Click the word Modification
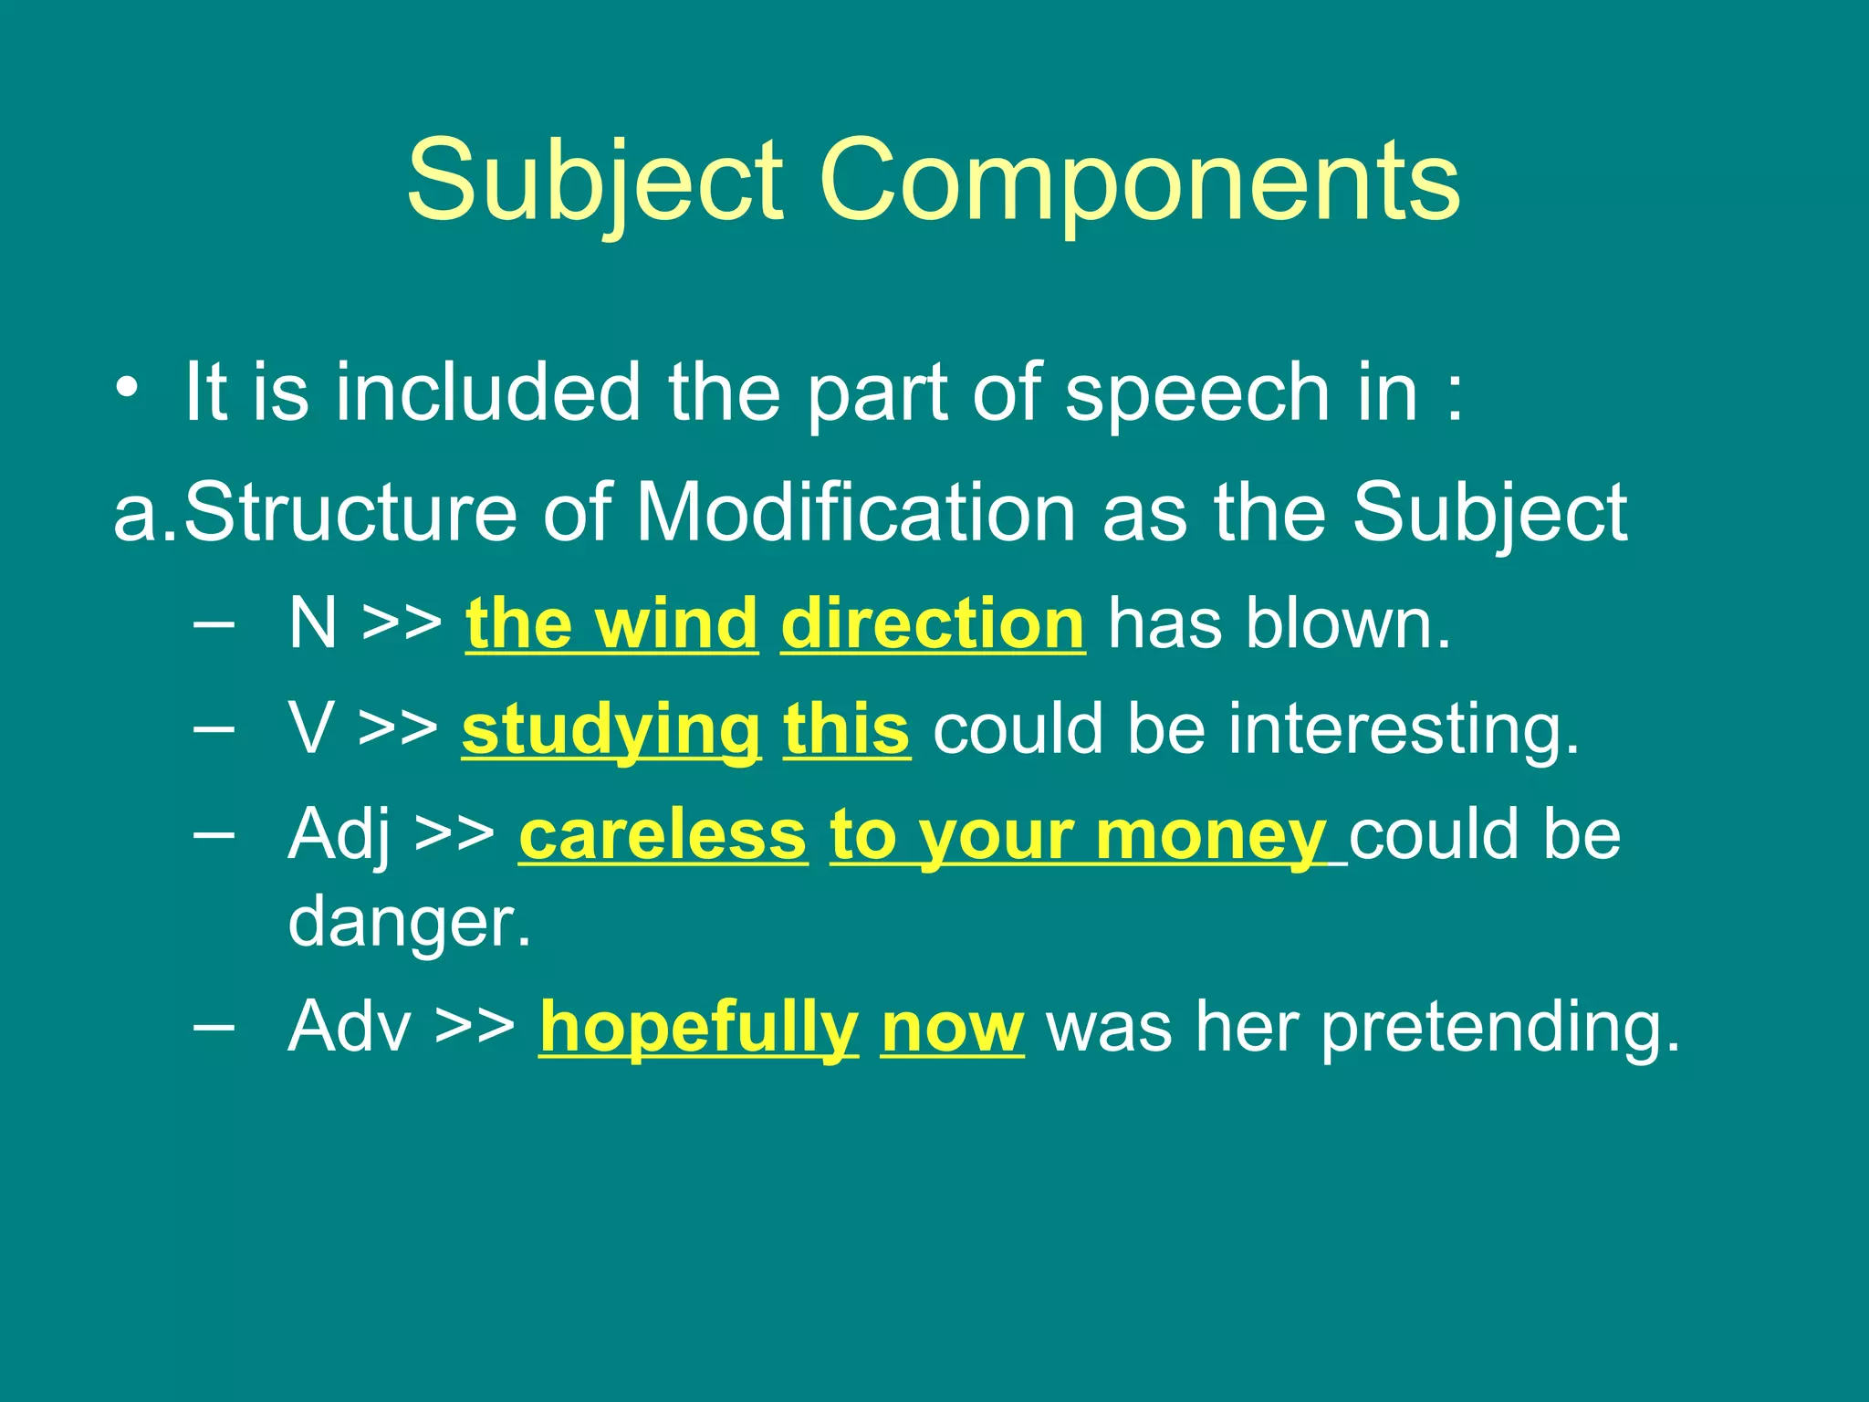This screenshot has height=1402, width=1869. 856,513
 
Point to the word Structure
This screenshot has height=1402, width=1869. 350,513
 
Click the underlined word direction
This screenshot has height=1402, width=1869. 933,624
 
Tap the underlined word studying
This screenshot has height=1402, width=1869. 611,730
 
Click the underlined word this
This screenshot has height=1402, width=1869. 847,730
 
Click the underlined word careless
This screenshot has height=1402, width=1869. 663,835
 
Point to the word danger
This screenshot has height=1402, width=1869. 408,923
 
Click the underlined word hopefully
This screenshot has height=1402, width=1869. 698,1028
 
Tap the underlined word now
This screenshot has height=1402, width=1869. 952,1028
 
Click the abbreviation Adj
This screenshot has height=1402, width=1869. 339,835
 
